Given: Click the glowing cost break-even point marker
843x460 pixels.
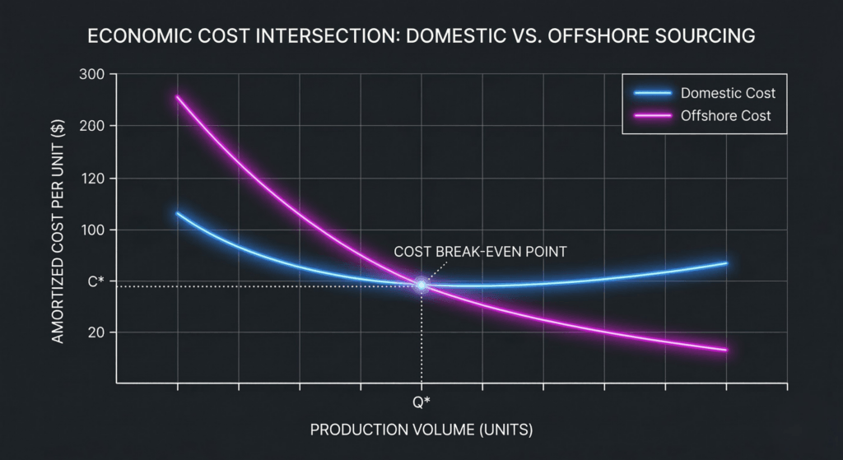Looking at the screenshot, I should pos(421,286).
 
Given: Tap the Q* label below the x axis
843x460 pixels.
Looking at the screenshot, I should pos(421,402).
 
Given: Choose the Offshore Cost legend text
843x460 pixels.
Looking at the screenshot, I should pos(726,116).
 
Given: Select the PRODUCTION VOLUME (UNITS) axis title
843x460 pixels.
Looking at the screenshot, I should pos(421,430).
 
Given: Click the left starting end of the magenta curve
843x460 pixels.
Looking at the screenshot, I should pos(177,97).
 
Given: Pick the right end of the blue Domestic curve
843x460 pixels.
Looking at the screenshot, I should pos(726,263).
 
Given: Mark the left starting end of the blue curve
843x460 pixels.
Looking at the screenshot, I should pos(177,213).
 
